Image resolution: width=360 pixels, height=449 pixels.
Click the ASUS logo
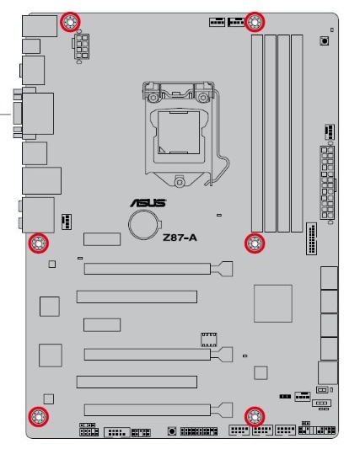point(148,203)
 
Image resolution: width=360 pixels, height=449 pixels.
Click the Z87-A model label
point(180,238)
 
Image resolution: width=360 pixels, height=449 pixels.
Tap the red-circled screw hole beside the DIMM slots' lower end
point(255,243)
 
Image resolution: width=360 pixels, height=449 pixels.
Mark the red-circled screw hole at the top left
point(70,22)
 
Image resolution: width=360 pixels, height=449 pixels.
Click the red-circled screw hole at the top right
point(255,22)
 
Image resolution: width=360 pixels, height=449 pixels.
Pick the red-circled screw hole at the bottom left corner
point(39,417)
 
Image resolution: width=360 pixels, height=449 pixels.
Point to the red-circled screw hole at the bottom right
point(255,417)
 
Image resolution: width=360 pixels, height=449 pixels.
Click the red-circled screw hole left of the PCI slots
point(39,243)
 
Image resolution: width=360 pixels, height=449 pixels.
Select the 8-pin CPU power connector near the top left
point(82,46)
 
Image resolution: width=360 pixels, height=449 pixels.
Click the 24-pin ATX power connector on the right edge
point(328,184)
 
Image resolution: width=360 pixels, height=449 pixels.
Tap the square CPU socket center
point(179,132)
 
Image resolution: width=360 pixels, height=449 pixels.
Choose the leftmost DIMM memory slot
point(257,133)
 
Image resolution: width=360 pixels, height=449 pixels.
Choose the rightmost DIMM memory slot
point(297,133)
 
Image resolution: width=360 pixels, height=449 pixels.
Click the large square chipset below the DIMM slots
point(273,303)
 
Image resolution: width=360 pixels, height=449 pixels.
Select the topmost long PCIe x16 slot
point(159,269)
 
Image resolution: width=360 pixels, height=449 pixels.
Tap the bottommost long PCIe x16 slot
point(159,409)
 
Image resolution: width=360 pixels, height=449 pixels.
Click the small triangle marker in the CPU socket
point(163,149)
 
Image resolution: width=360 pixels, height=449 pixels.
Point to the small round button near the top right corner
point(325,41)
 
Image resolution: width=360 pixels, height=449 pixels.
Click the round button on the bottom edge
point(172,431)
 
